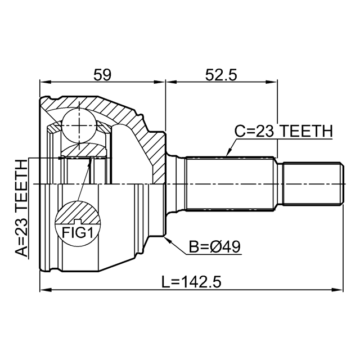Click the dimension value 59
[x=102, y=75]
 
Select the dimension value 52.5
[x=221, y=75]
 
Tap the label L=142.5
[x=191, y=282]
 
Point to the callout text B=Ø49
[x=215, y=247]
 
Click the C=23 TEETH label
[x=283, y=131]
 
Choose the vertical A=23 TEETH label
[x=21, y=208]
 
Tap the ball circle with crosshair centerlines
[x=79, y=125]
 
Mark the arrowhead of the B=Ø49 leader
[x=168, y=240]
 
